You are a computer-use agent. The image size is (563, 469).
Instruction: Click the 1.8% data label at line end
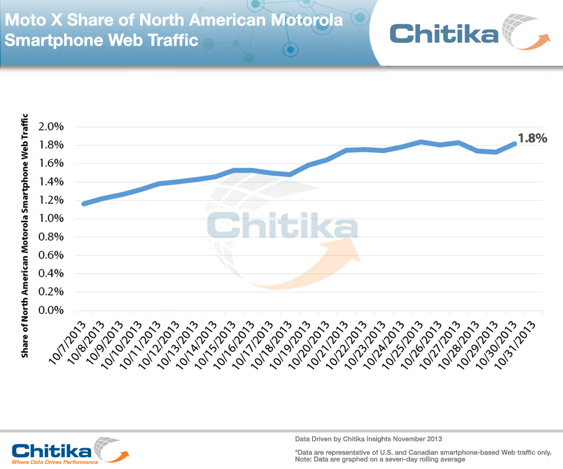(532, 138)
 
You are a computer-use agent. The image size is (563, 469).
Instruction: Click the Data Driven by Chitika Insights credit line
(368, 438)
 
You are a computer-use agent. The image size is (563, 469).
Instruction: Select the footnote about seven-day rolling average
(379, 459)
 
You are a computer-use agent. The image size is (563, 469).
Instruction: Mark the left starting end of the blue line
(84, 204)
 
